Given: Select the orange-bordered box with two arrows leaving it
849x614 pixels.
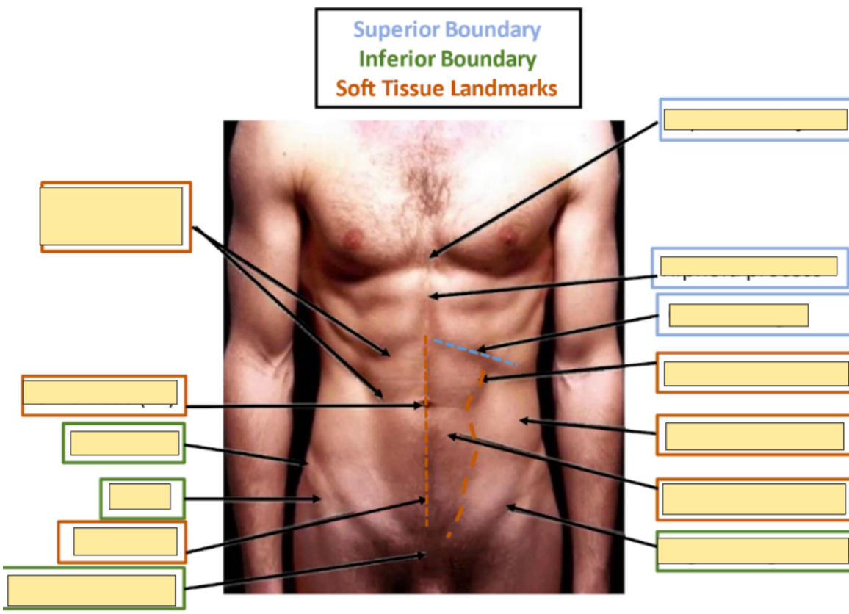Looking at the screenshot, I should [x=115, y=217].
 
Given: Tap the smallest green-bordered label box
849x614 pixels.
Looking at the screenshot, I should [x=142, y=498].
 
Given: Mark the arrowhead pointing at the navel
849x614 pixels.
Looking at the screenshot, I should [x=422, y=405].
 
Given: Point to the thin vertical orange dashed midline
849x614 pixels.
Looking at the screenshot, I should [x=426, y=455].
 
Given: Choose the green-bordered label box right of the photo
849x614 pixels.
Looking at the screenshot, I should [x=752, y=551].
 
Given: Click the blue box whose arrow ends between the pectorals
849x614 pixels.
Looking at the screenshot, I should [x=754, y=119].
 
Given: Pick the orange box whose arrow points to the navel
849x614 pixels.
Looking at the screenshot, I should [x=104, y=395].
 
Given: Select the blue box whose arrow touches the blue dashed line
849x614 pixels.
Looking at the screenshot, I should [x=739, y=315].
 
